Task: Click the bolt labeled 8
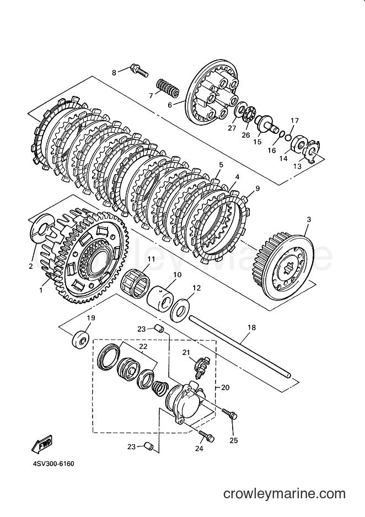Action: (x=139, y=69)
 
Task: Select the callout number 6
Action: (x=170, y=105)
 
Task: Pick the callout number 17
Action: (x=294, y=121)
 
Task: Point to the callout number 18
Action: (x=251, y=328)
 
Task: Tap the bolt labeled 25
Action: (x=229, y=414)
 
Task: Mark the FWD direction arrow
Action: (x=42, y=444)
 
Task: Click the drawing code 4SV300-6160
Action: (x=53, y=464)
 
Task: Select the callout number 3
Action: (x=309, y=219)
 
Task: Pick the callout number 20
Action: (x=225, y=387)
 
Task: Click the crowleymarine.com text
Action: (x=285, y=494)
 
